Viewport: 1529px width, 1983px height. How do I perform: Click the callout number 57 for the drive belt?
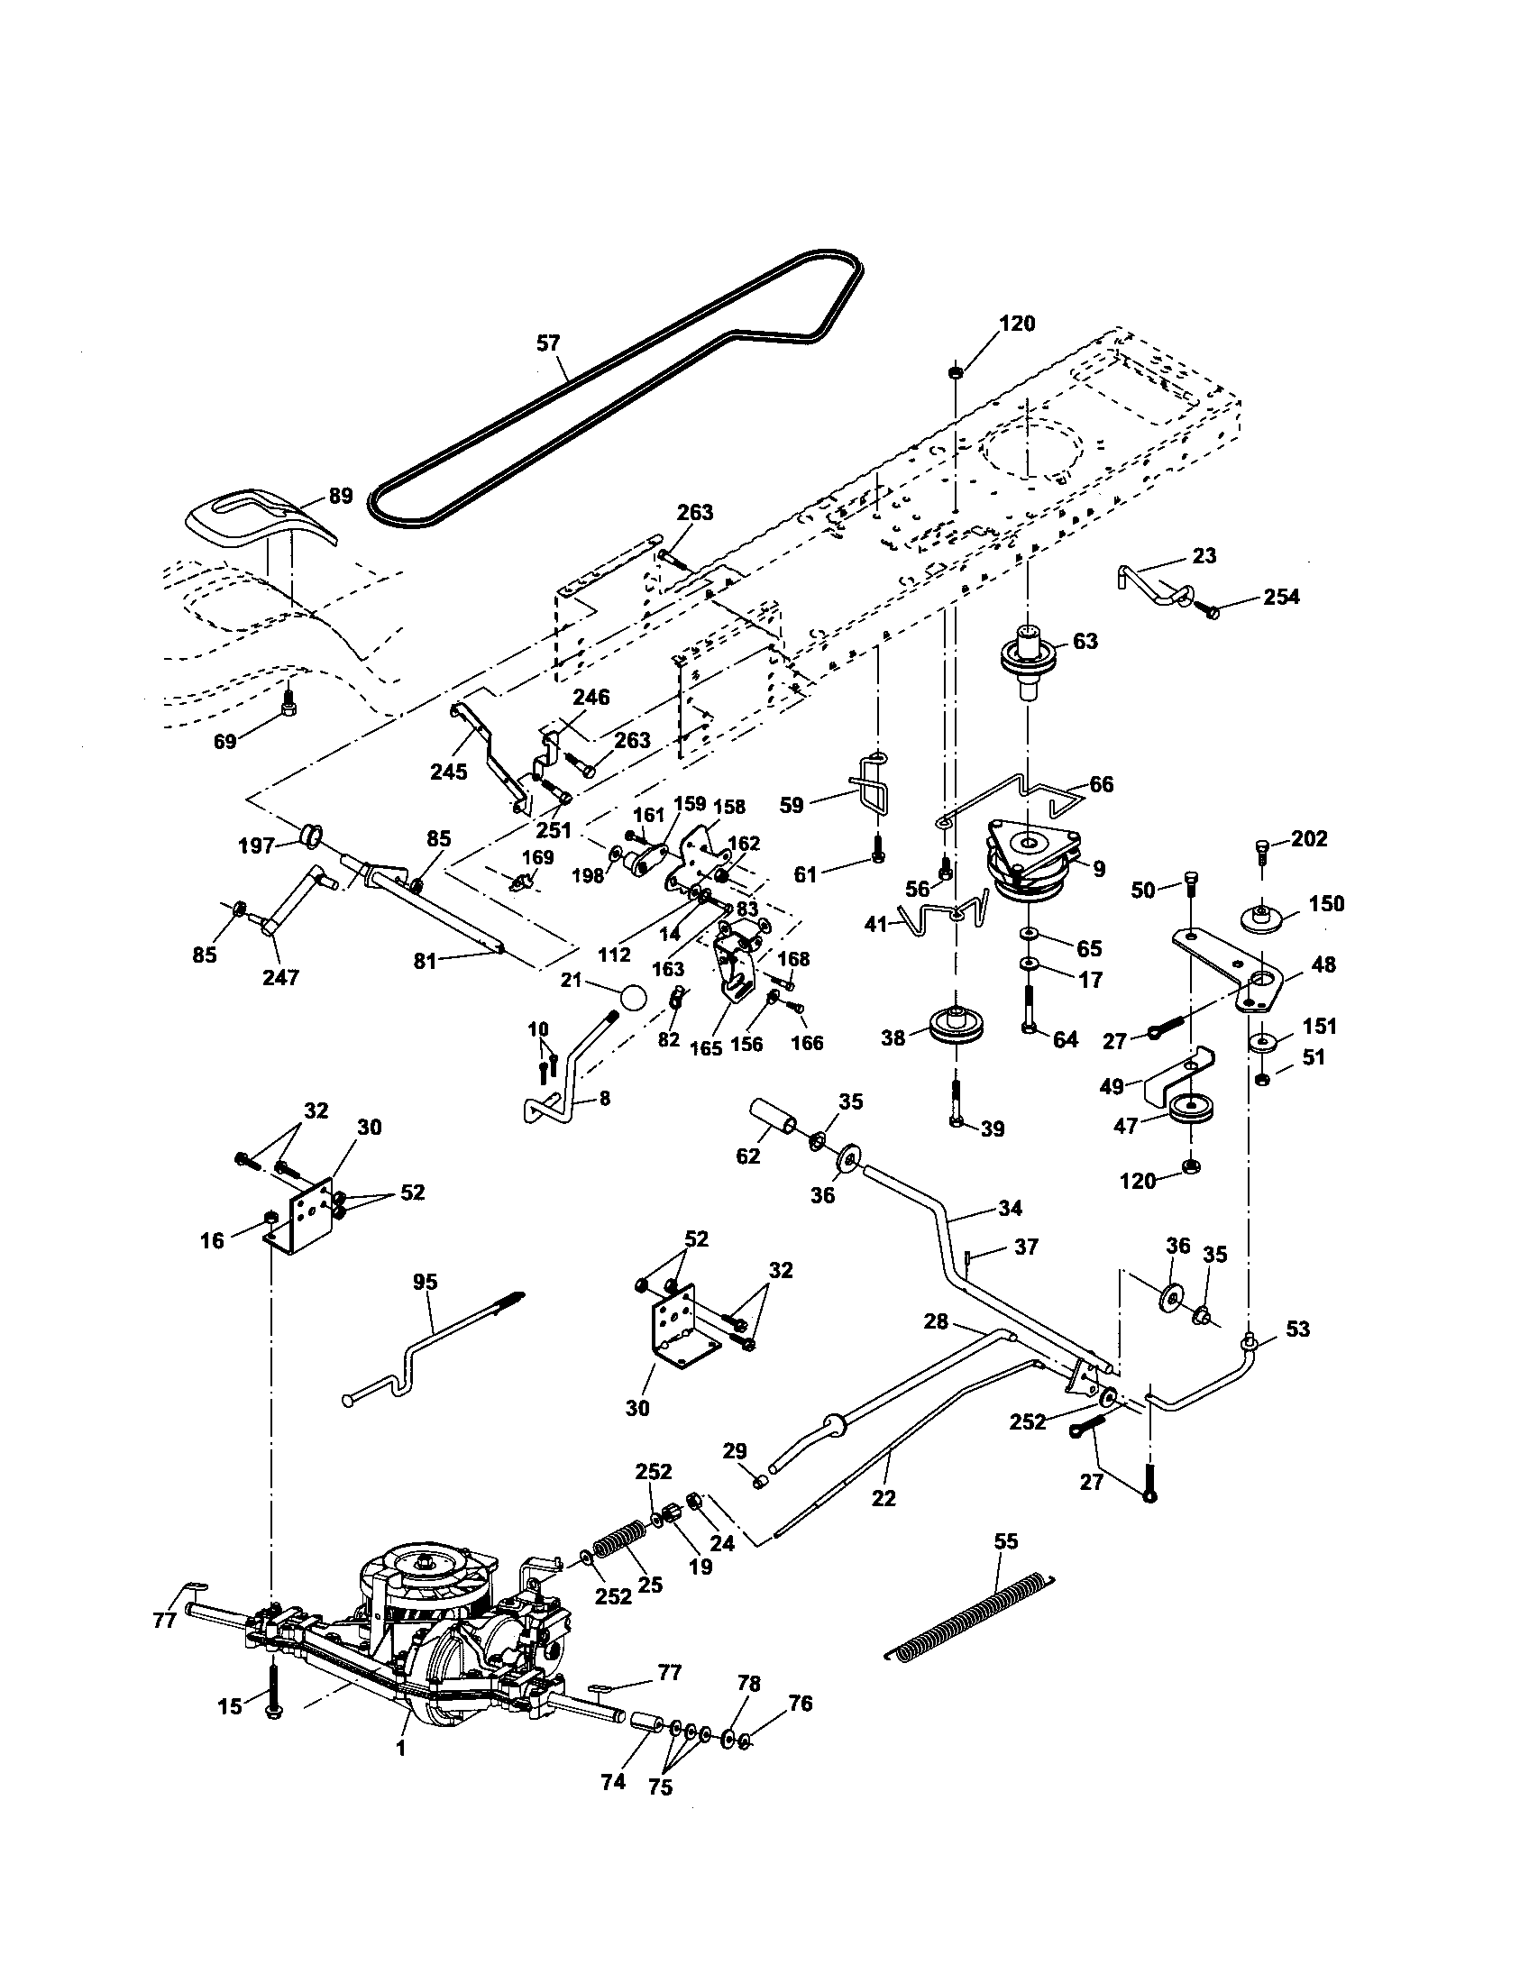[x=548, y=343]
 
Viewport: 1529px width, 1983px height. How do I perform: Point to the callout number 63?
[x=1085, y=641]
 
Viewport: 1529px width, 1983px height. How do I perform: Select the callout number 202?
[x=1308, y=839]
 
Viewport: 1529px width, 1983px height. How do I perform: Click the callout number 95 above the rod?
[x=425, y=1282]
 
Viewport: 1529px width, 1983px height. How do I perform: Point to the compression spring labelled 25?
[x=618, y=1543]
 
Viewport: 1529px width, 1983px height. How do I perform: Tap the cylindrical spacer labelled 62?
[x=772, y=1119]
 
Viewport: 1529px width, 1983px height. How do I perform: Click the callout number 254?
[x=1281, y=597]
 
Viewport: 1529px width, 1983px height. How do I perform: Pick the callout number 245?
[x=450, y=772]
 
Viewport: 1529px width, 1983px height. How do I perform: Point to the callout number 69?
[x=224, y=741]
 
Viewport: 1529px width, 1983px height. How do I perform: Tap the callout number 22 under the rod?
[x=884, y=1498]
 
